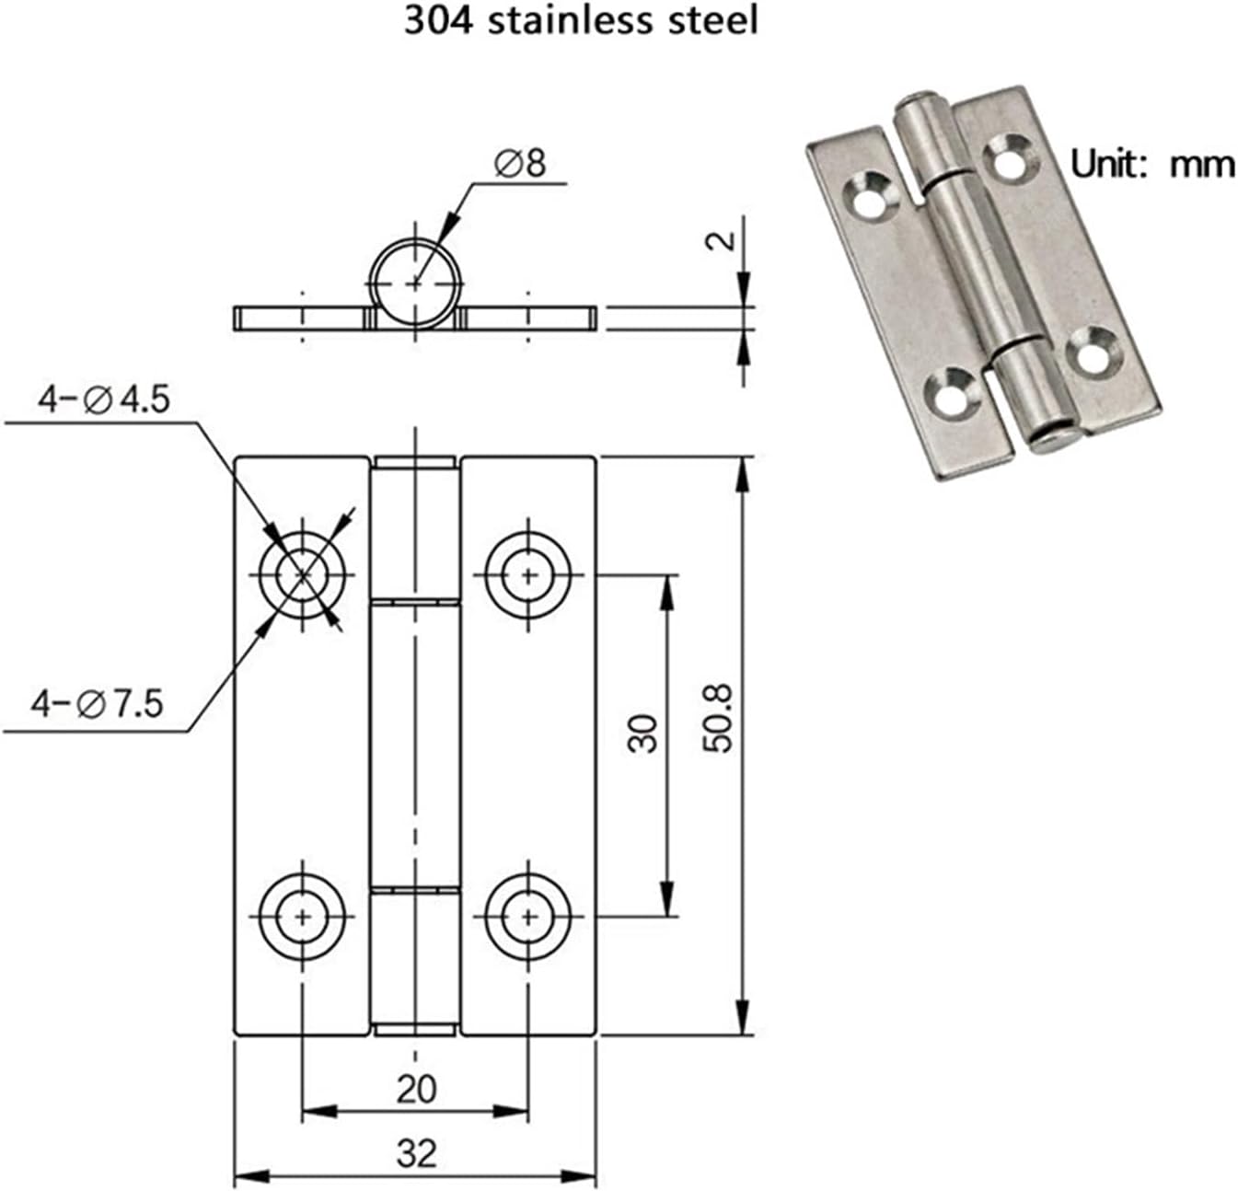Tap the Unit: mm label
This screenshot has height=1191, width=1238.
(x=1151, y=165)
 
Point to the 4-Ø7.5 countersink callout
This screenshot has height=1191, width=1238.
(x=97, y=704)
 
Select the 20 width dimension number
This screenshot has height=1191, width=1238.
(x=416, y=1089)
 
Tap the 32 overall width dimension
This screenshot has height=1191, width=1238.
(x=416, y=1152)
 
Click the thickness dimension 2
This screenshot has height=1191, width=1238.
(x=724, y=240)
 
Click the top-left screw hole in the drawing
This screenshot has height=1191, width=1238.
(x=303, y=575)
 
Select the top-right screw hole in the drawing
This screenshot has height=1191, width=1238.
(x=528, y=575)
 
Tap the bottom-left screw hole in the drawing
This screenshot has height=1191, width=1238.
(x=303, y=916)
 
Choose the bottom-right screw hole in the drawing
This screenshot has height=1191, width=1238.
(x=528, y=916)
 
